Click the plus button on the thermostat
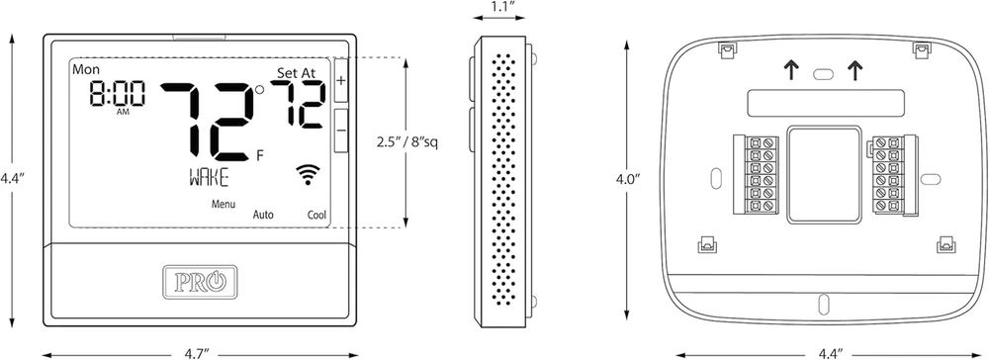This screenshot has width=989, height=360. (x=341, y=81)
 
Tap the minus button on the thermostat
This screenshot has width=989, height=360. (x=341, y=131)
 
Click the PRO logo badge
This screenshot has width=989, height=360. (x=200, y=281)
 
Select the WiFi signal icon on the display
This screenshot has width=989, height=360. (x=308, y=175)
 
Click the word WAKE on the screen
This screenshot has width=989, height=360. (x=209, y=178)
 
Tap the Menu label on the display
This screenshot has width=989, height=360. (x=224, y=204)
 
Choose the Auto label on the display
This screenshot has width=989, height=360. (x=263, y=215)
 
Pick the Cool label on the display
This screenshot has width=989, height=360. (x=316, y=215)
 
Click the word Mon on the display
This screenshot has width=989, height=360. (x=86, y=69)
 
